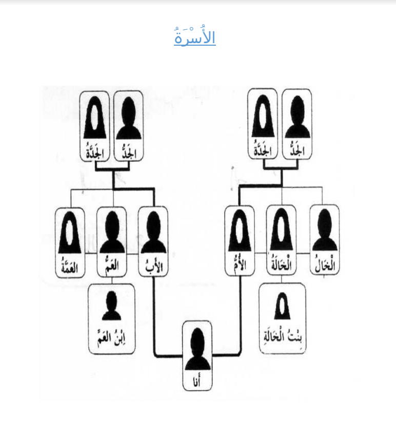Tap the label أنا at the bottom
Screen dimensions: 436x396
197,381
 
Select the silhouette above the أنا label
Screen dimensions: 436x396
197,348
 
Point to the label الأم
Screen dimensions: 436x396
240,266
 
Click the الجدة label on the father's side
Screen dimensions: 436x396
94,152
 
